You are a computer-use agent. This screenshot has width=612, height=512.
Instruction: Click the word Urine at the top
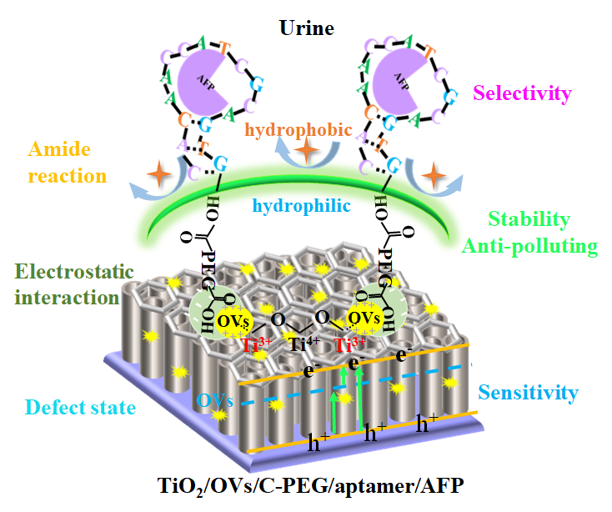pos(308,29)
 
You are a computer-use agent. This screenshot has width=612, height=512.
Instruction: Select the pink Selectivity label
pos(521,94)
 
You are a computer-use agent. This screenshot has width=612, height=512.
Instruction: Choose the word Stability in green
pos(529,220)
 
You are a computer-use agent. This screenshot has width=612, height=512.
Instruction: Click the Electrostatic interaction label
pos(67,284)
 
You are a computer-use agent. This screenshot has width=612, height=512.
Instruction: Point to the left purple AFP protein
pos(198,83)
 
